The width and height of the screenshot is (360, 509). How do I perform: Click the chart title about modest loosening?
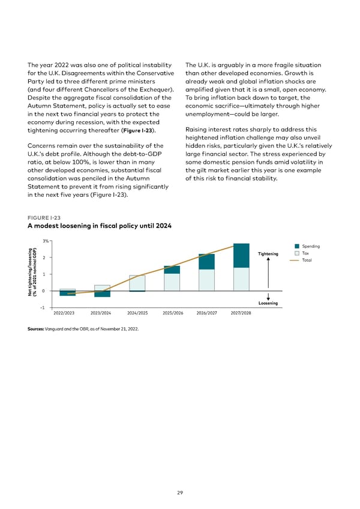tap(100, 226)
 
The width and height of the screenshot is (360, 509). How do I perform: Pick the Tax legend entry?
tap(306, 253)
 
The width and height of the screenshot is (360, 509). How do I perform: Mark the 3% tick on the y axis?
tap(45, 241)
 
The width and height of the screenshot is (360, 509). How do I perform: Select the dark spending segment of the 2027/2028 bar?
tap(241, 255)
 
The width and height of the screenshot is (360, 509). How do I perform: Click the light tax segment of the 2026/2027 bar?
tap(206, 280)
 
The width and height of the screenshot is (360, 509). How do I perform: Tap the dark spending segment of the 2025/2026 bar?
tap(172, 270)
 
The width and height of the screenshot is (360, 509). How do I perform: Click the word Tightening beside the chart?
tap(268, 254)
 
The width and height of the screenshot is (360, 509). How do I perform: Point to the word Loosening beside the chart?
tap(268, 303)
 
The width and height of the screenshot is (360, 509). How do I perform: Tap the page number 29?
tap(180, 492)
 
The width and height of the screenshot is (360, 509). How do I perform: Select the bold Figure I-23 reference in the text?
tap(141, 130)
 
